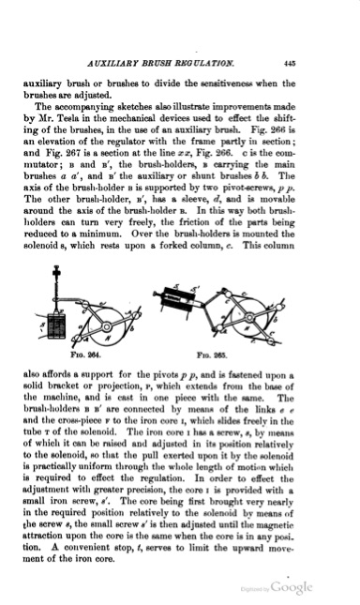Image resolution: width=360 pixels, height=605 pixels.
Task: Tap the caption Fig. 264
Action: click(97, 356)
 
